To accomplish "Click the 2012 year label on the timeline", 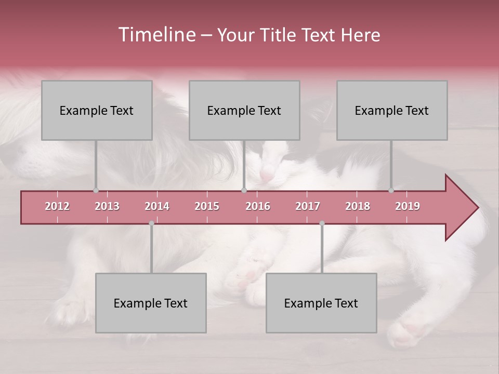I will pos(57,206).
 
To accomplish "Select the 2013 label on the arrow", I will pos(107,206).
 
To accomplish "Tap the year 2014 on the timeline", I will pos(157,206).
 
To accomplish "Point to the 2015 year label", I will pos(207,206).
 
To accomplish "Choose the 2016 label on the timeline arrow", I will pos(258,206).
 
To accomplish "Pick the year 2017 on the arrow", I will pos(308,206).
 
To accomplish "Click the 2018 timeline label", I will pos(358,206).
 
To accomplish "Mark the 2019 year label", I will pos(408,206).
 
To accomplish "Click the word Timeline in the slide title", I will pos(156,35).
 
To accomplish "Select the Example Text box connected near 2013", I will pos(97,110).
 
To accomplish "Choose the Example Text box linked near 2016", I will pos(244,110).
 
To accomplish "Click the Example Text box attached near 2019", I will pos(392,110).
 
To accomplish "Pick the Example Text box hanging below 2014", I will pos(151,303).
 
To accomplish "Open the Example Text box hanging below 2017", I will pos(321,303).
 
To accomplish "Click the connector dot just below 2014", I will pos(151,223).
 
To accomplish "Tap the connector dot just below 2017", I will pos(322,223).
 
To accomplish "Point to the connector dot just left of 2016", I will pos(244,190).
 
